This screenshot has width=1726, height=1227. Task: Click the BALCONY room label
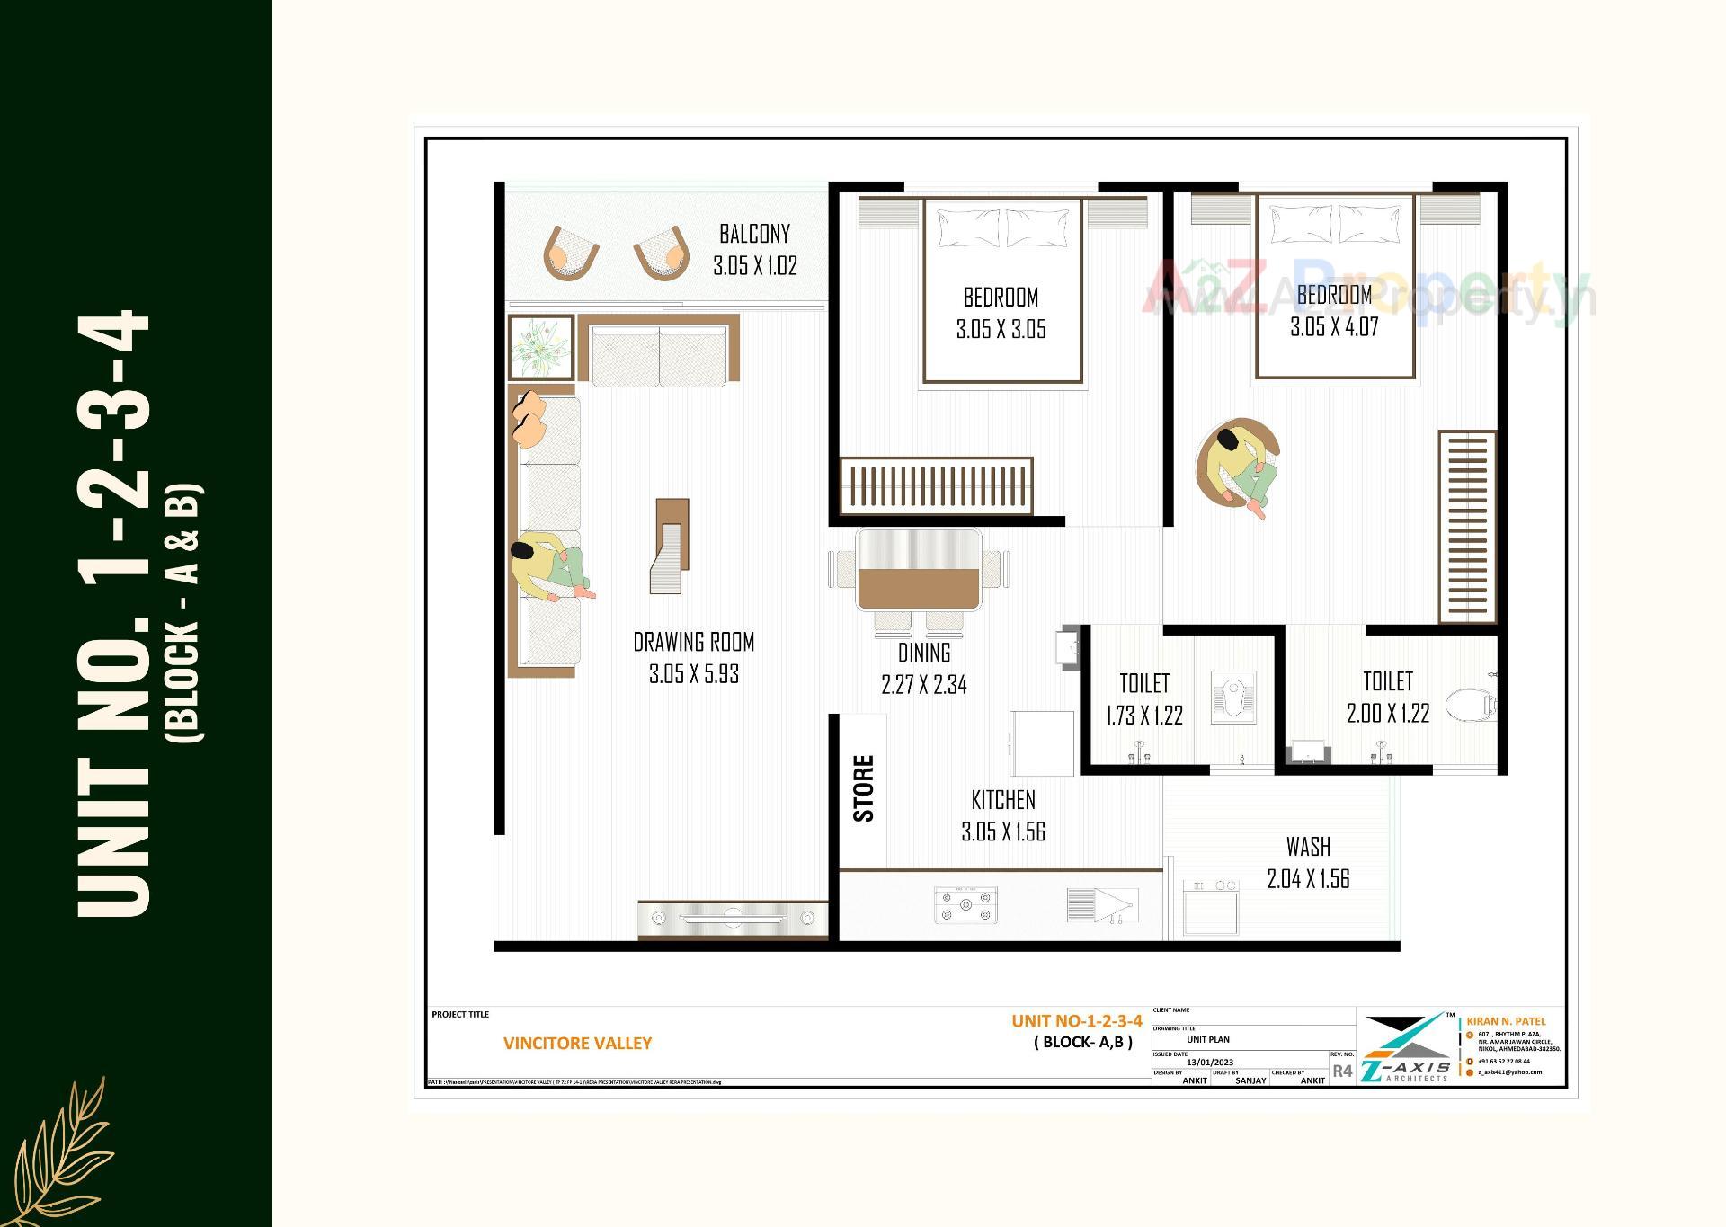click(x=754, y=234)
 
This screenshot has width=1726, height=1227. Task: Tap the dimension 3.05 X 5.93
click(x=693, y=674)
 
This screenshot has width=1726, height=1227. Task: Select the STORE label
click(x=863, y=788)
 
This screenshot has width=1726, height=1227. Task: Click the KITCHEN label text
click(x=1003, y=800)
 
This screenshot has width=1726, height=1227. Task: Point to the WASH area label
click(x=1308, y=847)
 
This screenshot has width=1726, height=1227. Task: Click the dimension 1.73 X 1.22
click(x=1143, y=716)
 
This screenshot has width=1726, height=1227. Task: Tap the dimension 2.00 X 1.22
click(x=1387, y=714)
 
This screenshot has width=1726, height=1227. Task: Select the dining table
click(x=918, y=570)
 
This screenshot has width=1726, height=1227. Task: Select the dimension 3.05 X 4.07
click(x=1334, y=327)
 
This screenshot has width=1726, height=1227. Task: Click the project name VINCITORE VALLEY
click(x=577, y=1044)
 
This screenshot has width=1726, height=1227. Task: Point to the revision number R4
click(x=1342, y=1071)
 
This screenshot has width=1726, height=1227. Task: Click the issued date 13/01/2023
click(x=1209, y=1062)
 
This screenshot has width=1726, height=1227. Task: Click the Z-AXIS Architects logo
click(x=1405, y=1049)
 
